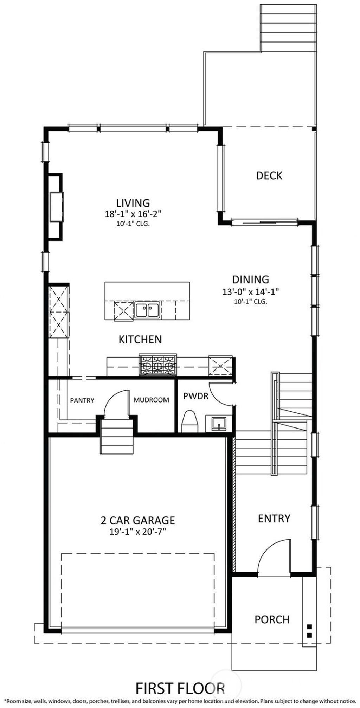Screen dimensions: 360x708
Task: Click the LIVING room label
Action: click(x=133, y=203)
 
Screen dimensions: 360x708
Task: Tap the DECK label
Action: click(x=269, y=175)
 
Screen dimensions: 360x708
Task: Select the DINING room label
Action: click(x=250, y=279)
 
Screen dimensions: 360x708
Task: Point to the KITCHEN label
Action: click(x=140, y=339)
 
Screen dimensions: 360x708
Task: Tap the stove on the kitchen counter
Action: click(x=158, y=365)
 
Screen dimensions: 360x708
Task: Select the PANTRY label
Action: click(x=82, y=400)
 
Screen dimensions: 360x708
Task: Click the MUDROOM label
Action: click(x=151, y=400)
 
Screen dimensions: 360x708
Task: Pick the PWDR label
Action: click(x=196, y=396)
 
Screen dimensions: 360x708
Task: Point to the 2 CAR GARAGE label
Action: click(x=138, y=520)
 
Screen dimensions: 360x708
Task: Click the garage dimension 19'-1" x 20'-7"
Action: click(x=138, y=531)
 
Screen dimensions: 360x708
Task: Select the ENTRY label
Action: click(x=274, y=519)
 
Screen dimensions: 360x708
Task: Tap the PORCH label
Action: click(x=272, y=619)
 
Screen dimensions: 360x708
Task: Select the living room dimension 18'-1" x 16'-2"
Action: click(x=133, y=214)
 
